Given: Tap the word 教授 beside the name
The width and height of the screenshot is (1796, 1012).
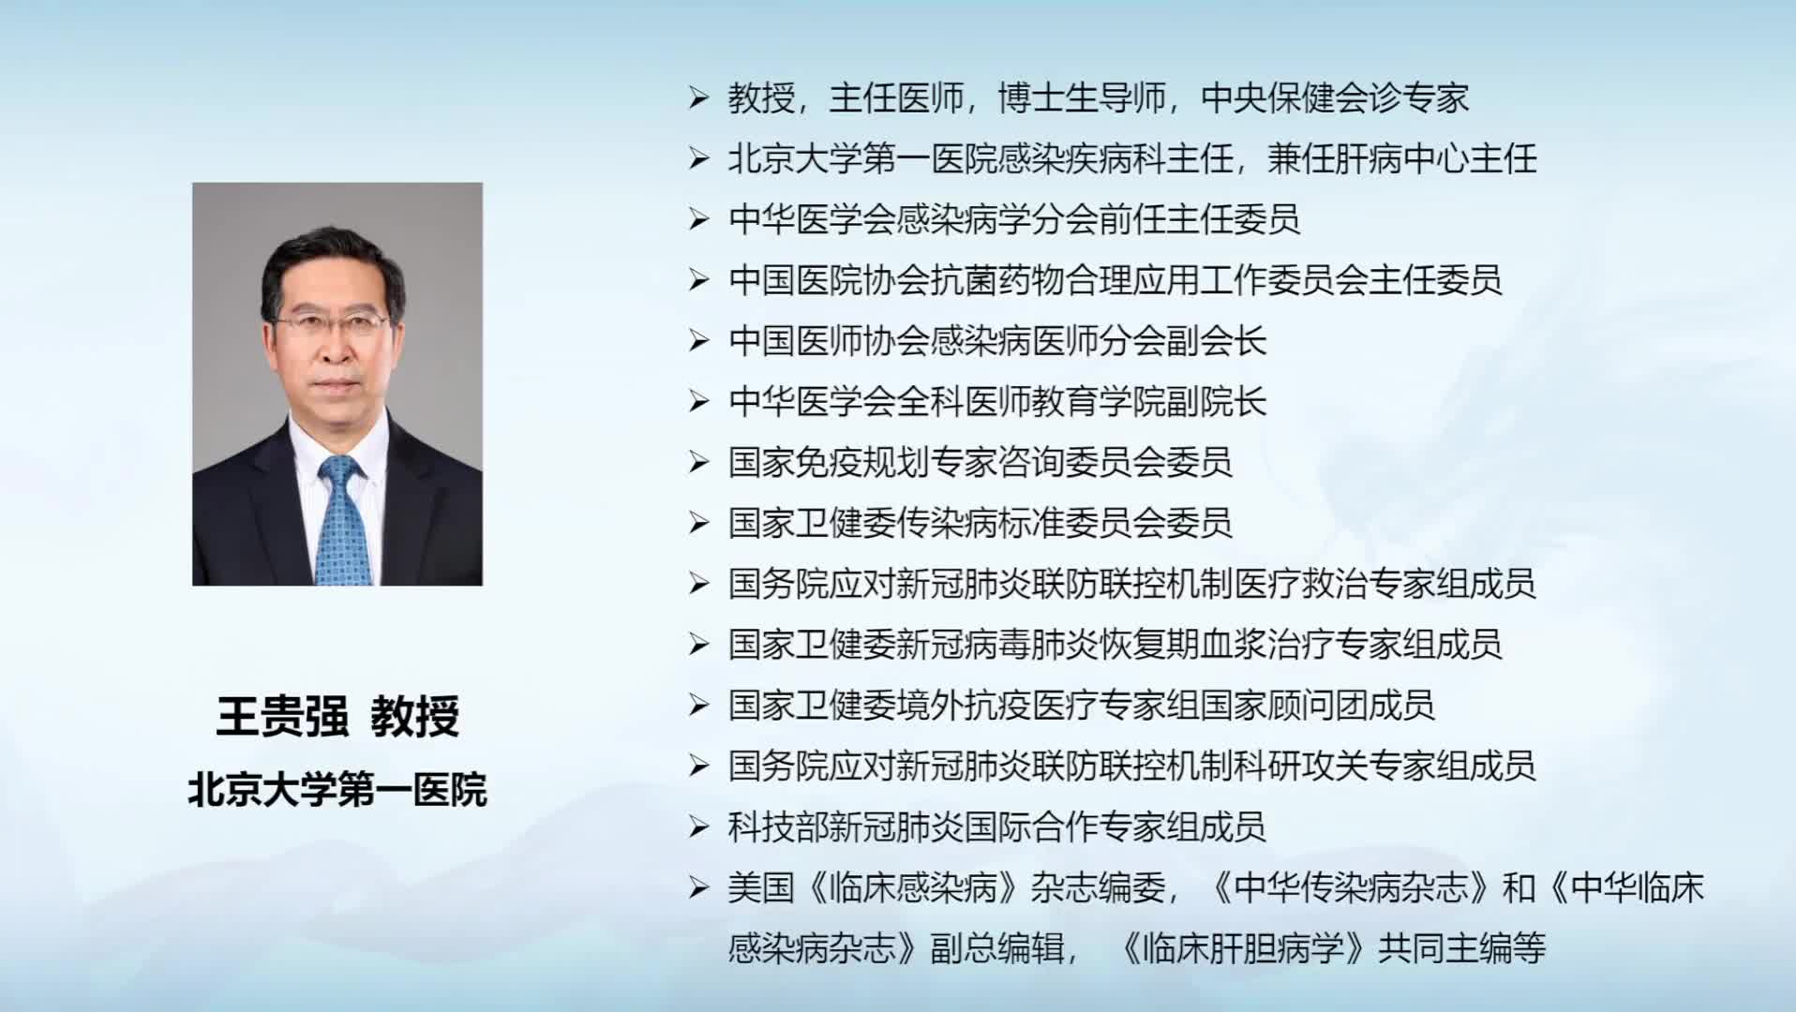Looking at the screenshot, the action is [x=414, y=717].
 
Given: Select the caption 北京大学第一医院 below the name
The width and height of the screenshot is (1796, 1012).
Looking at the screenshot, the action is [x=337, y=790].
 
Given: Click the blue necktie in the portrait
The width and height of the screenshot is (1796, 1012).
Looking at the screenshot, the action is [x=342, y=521].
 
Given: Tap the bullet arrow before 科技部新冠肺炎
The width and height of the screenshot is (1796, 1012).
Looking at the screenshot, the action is [x=698, y=826].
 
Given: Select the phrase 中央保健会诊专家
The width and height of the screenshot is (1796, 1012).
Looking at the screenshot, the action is [x=1335, y=97].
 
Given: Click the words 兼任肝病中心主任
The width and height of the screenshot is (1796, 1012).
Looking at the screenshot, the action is [x=1402, y=158].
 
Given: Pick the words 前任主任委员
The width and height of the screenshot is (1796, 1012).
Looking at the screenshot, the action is [x=1199, y=219].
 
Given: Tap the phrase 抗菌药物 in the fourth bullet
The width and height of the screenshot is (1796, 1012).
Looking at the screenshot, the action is [x=997, y=280].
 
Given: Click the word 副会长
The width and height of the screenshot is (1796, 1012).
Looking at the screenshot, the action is [x=1216, y=341].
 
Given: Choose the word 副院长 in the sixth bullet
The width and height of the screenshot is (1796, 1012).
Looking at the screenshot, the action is [x=1216, y=402].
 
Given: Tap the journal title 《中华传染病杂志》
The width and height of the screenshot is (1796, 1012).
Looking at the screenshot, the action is [x=1352, y=887].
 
